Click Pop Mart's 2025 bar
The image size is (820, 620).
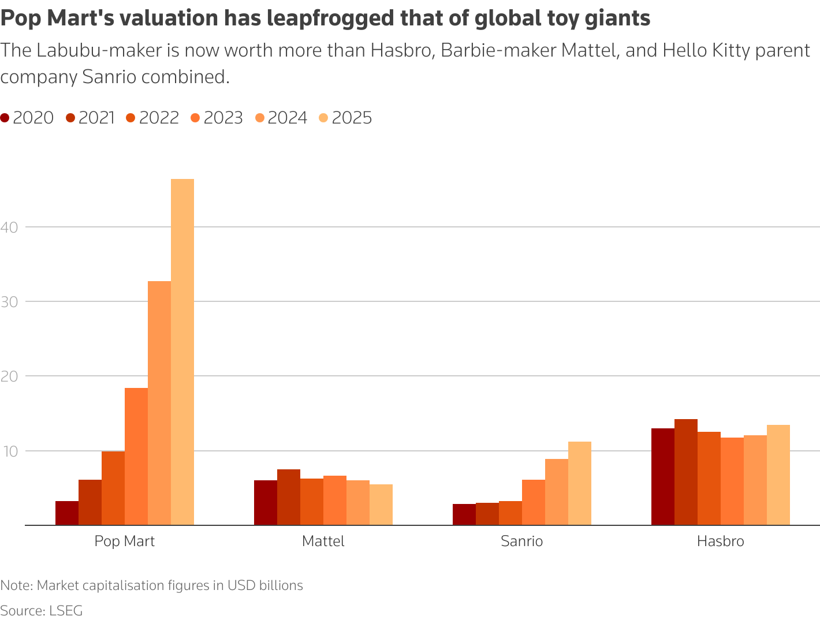(182, 352)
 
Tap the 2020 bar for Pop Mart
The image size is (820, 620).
(67, 513)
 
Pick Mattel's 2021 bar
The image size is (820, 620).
(289, 497)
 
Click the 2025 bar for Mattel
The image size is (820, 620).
(381, 505)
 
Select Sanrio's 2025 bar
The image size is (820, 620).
(580, 483)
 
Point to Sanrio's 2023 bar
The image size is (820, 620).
(534, 502)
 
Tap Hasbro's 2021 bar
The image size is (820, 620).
(686, 472)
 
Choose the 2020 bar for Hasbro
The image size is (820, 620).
(663, 477)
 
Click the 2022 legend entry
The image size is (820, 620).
(152, 118)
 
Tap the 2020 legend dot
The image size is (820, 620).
(5, 118)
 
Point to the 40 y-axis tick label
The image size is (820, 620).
(10, 227)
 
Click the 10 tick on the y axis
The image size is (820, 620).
(10, 451)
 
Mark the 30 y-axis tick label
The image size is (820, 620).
(10, 301)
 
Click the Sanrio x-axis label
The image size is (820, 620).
(522, 541)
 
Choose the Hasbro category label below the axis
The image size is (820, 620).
(721, 541)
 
